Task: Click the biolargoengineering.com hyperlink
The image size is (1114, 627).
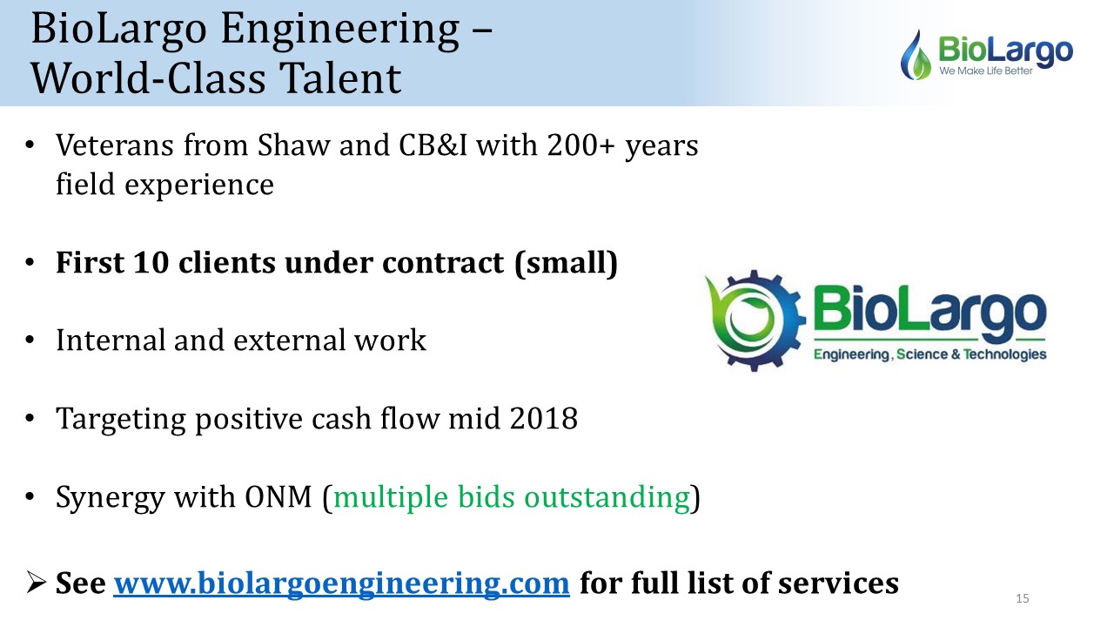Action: tap(342, 583)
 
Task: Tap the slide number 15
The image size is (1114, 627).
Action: tap(1023, 598)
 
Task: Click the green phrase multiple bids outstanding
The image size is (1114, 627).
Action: tap(512, 497)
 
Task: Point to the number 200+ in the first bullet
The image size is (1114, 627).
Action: tap(580, 145)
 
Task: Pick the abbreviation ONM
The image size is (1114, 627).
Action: tap(278, 496)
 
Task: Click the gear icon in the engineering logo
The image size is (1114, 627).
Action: tap(755, 321)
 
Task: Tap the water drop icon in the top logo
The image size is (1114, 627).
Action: tap(916, 55)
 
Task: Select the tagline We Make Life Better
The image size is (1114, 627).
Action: tap(986, 71)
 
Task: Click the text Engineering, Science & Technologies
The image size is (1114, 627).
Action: tap(930, 354)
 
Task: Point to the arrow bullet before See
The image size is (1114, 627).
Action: tap(36, 583)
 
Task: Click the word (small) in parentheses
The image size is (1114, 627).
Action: tap(566, 263)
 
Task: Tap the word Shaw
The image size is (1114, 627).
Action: tap(294, 145)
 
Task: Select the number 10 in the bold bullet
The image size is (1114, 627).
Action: tap(151, 262)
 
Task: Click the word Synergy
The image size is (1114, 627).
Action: tap(110, 497)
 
